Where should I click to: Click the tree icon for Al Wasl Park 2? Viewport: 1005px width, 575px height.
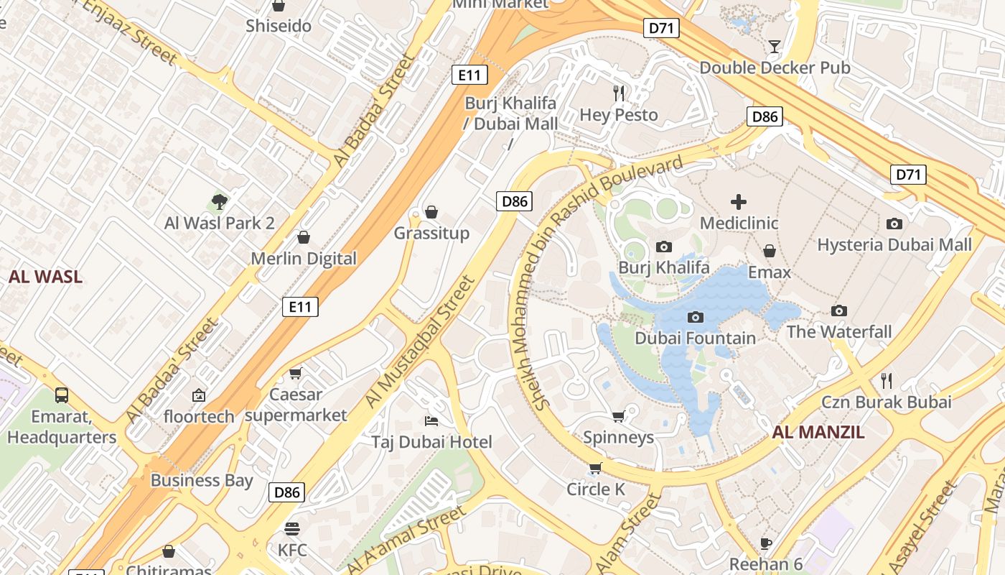point(220,202)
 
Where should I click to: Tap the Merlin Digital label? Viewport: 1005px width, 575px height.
point(303,259)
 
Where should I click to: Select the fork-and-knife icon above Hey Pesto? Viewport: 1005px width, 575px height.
point(619,93)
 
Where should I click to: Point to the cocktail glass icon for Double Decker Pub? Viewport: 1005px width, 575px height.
point(774,47)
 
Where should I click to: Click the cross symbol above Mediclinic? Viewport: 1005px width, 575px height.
point(739,202)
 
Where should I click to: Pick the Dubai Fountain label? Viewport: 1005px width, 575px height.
point(695,338)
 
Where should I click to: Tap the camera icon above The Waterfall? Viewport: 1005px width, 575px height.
point(838,310)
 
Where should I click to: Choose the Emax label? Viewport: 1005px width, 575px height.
point(769,272)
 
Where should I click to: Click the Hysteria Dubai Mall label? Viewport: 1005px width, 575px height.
point(894,244)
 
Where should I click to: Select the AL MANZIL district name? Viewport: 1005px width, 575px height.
point(818,432)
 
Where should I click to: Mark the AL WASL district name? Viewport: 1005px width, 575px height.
point(45,277)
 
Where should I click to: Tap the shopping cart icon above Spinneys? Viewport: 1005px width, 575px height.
point(618,417)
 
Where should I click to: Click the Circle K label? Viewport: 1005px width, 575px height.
point(596,489)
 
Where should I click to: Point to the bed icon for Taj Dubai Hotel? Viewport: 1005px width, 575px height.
point(431,420)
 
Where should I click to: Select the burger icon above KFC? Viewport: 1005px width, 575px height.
point(291,530)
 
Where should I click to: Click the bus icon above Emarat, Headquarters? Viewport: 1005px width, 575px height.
point(62,395)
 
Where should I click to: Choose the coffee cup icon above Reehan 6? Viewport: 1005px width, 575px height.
point(766,543)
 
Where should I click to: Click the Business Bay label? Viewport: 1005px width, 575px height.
point(202,480)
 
